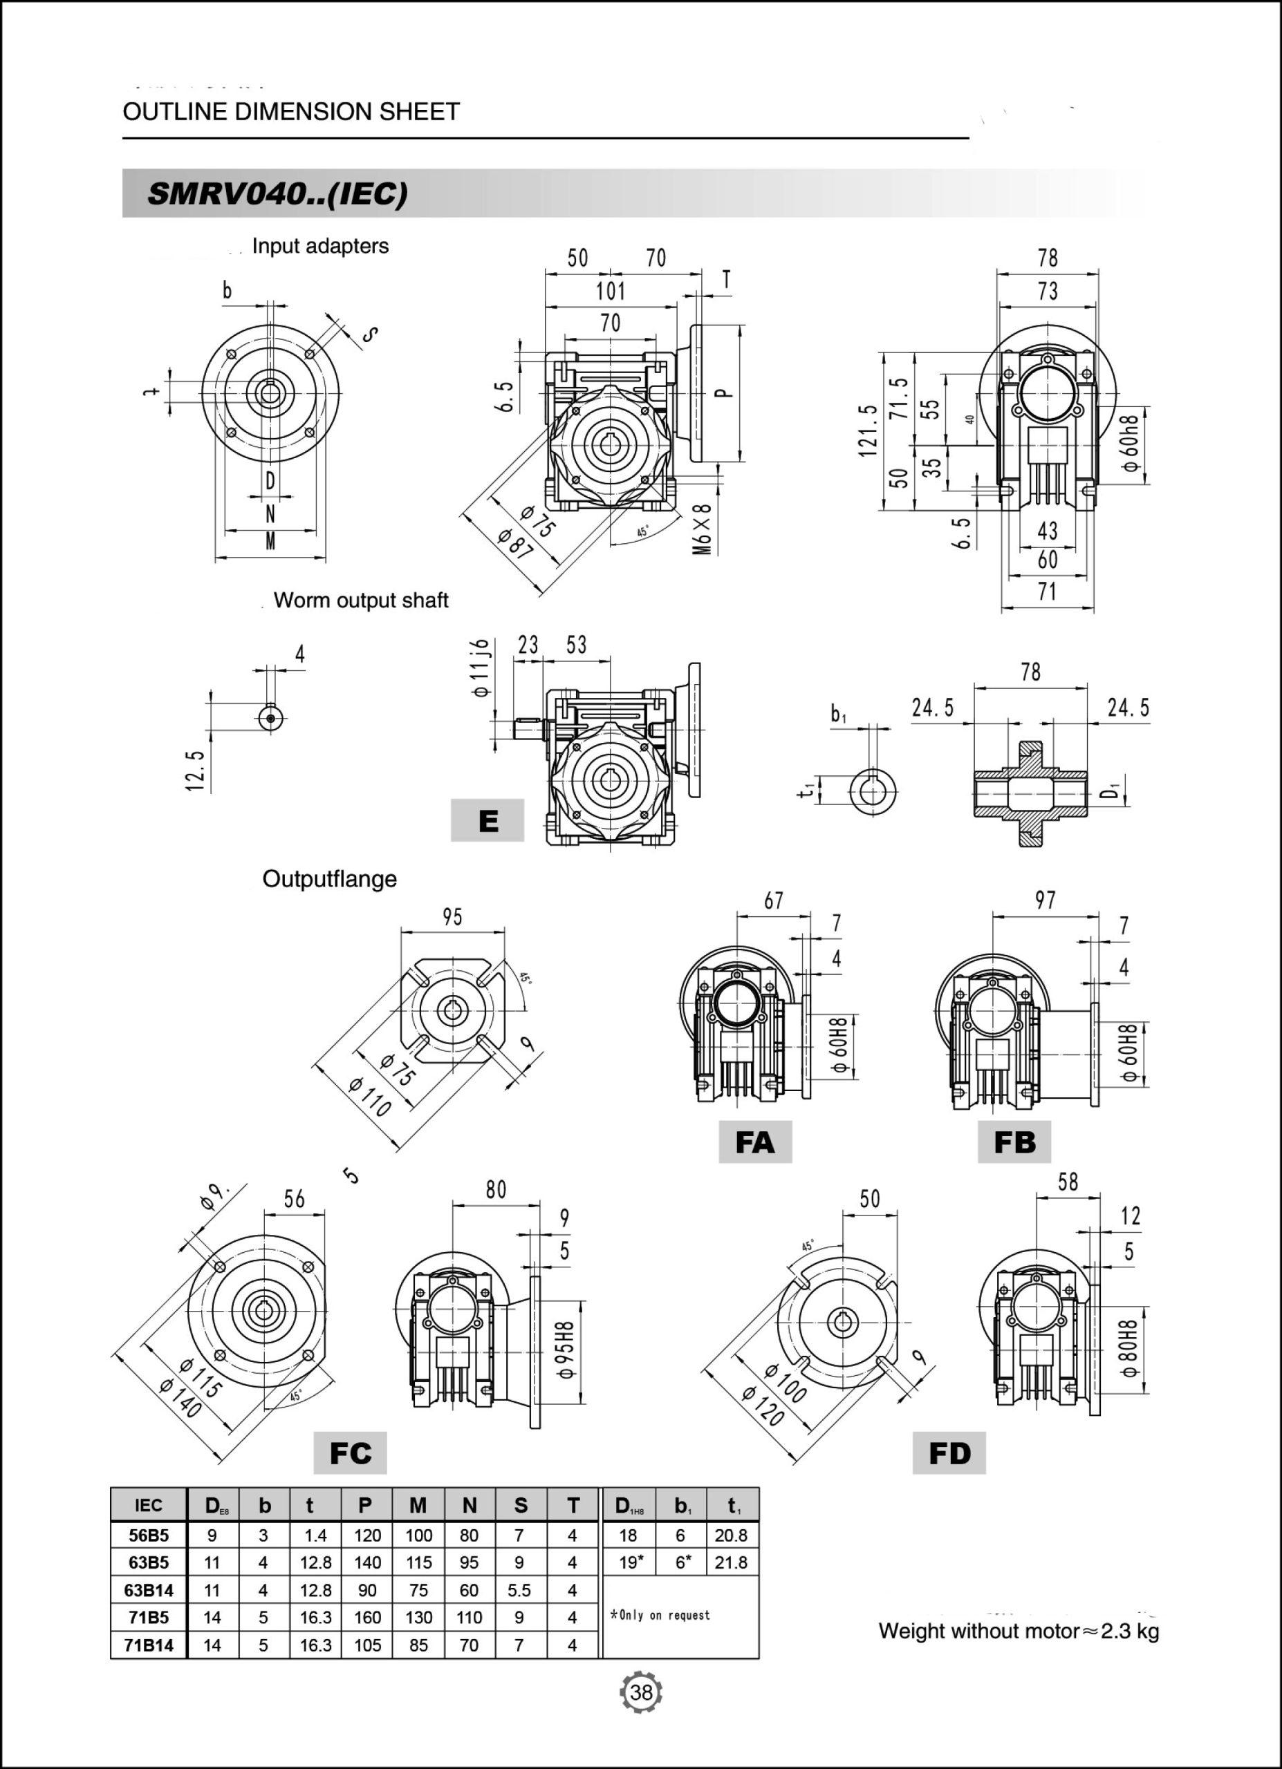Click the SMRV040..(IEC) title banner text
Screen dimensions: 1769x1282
coord(277,193)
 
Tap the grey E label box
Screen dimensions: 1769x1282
coord(487,820)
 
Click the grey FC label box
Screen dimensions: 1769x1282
coord(350,1453)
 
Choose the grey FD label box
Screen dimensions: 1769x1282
coord(949,1453)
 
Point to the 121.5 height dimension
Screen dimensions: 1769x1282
coord(868,430)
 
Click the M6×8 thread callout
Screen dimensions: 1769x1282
coord(703,529)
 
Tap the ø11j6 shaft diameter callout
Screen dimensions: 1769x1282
coord(481,668)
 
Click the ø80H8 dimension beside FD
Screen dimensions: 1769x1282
coord(1129,1347)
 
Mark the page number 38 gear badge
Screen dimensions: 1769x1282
coord(640,1692)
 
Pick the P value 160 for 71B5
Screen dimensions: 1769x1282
coord(366,1618)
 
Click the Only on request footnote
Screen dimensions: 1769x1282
coord(660,1616)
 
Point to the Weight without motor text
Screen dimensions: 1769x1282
coord(1019,1631)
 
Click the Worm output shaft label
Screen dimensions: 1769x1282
coord(360,600)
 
